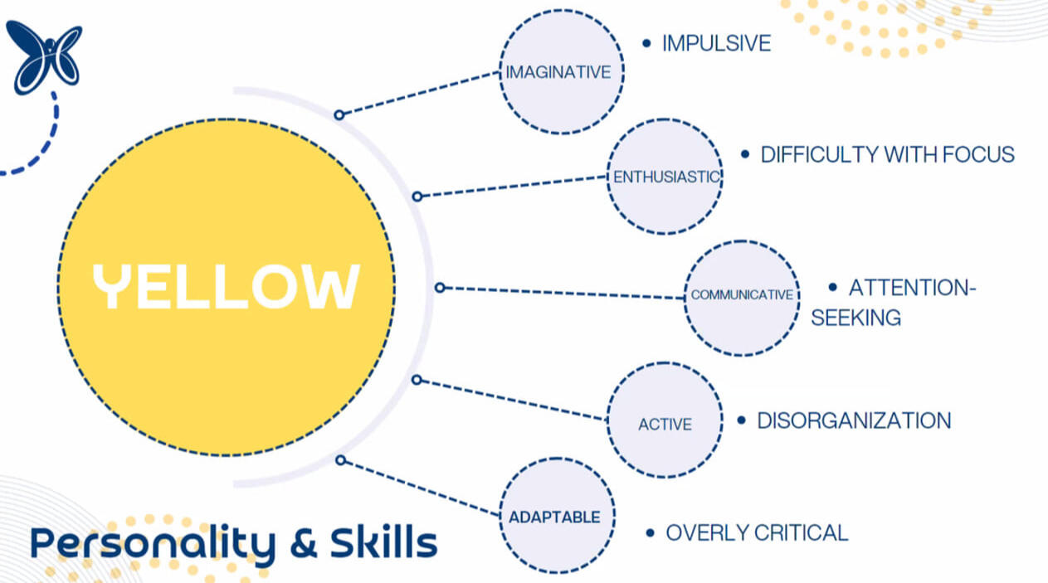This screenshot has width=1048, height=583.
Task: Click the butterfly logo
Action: click(x=43, y=56)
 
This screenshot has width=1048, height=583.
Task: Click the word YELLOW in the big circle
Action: click(x=226, y=287)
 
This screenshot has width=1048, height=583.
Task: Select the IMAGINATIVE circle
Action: click(x=562, y=72)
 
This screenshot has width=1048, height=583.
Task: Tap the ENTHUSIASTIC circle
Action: click(x=665, y=177)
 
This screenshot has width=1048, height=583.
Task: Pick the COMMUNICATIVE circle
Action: click(x=742, y=295)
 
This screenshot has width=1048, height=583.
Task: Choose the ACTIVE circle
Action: click(x=665, y=424)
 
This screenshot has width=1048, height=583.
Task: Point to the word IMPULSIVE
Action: click(x=716, y=43)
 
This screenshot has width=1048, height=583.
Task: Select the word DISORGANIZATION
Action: click(x=854, y=420)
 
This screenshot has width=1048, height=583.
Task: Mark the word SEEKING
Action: click(x=855, y=318)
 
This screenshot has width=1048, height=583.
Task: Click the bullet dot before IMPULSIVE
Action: click(x=646, y=43)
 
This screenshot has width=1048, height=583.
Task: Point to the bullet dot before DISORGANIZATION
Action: click(x=741, y=420)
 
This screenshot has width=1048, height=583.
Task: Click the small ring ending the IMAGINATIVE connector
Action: click(x=339, y=115)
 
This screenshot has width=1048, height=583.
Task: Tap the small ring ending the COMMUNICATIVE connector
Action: click(x=441, y=288)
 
